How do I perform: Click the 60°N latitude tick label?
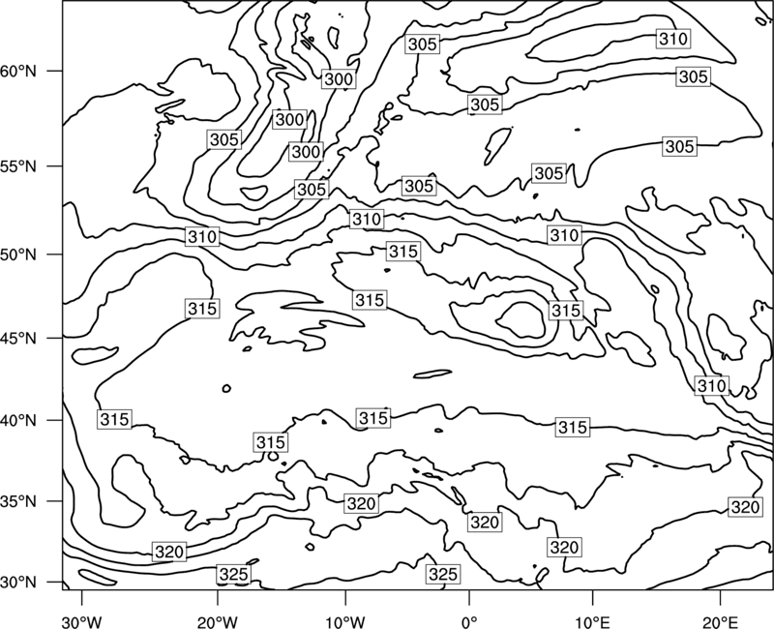[x=18, y=72]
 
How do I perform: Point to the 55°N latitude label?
[x=18, y=166]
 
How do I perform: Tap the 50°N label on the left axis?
[x=18, y=255]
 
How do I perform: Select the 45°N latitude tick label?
[x=18, y=338]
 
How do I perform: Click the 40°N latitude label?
[x=18, y=420]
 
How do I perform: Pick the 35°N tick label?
[x=18, y=501]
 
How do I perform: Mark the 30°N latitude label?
[x=18, y=583]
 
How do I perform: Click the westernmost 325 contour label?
[x=233, y=574]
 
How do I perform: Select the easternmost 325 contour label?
[x=443, y=574]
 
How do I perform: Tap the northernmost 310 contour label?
[x=673, y=39]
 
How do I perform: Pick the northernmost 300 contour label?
[x=339, y=79]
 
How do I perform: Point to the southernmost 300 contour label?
[x=306, y=152]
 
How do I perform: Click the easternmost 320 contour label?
[x=744, y=507]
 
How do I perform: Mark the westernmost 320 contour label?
[x=169, y=552]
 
